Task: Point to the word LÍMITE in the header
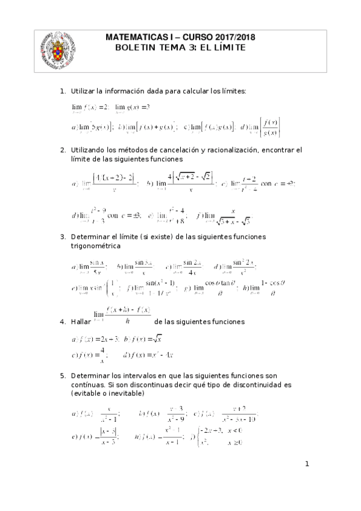(x=227, y=48)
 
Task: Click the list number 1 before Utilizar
(x=62, y=91)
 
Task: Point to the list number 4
(x=62, y=322)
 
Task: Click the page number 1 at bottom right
(x=307, y=463)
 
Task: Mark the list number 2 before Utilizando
(x=62, y=149)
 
